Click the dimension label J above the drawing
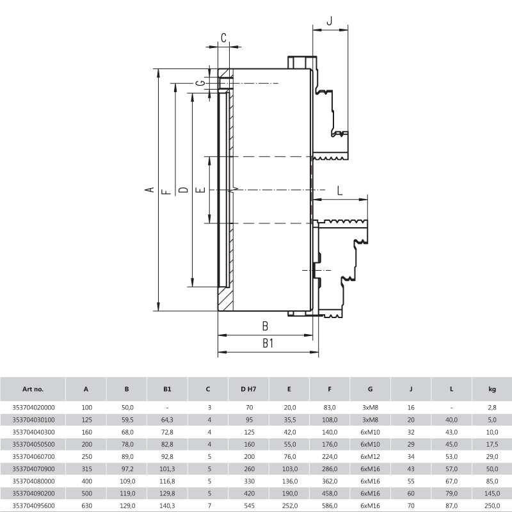point(329,20)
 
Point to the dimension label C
point(223,38)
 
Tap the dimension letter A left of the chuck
point(150,189)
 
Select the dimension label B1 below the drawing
point(268,343)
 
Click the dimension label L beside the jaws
point(340,190)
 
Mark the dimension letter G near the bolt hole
point(202,83)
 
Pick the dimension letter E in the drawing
point(202,189)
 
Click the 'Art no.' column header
point(33,389)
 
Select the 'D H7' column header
point(248,389)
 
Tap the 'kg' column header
point(492,389)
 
